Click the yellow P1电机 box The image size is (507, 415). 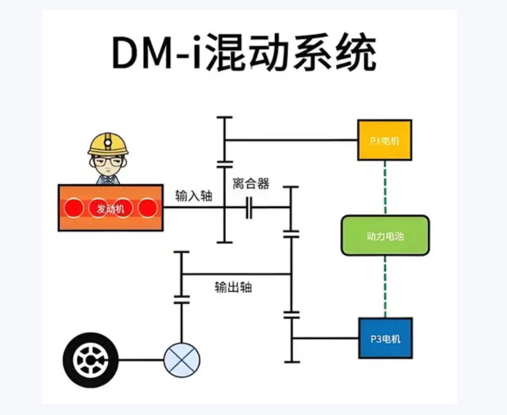pyautogui.click(x=384, y=140)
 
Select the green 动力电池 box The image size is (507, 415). pyautogui.click(x=385, y=235)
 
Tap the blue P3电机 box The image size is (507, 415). pyautogui.click(x=385, y=338)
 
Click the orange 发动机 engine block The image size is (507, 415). pyautogui.click(x=110, y=208)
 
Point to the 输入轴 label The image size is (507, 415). pyautogui.click(x=193, y=196)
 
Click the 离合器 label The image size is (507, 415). pyautogui.click(x=251, y=184)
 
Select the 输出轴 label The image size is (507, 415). pyautogui.click(x=233, y=287)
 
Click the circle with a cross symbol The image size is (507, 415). pyautogui.click(x=182, y=360)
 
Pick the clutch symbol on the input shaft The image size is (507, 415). pyautogui.click(x=249, y=208)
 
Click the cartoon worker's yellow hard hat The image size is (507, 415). pyautogui.click(x=108, y=143)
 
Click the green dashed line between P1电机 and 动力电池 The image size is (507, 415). pyautogui.click(x=385, y=188)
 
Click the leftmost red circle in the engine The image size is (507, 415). pyautogui.click(x=74, y=208)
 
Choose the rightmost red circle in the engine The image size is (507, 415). pyautogui.click(x=147, y=208)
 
